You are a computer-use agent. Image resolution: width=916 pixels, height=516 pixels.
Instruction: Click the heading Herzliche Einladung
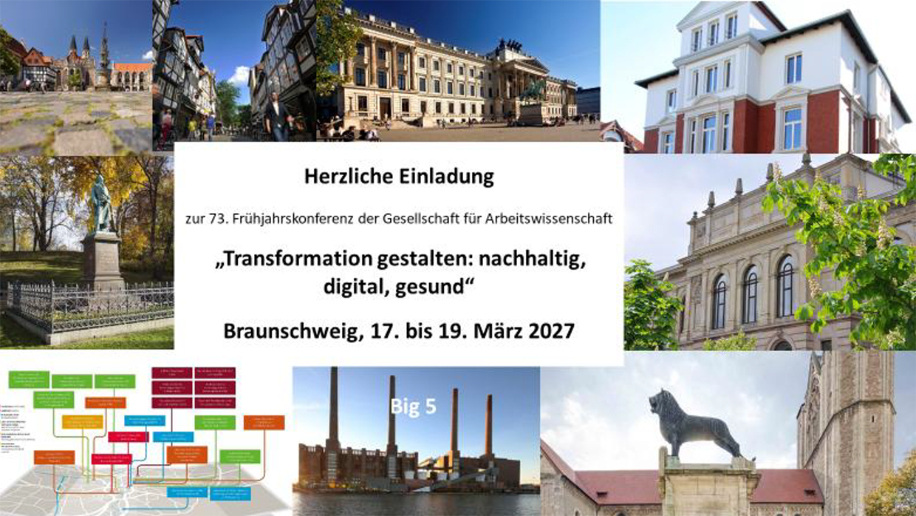[x=399, y=177]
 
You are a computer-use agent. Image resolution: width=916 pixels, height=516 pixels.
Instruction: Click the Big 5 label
[x=414, y=406]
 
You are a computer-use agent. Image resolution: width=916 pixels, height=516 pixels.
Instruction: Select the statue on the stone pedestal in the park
[x=102, y=207]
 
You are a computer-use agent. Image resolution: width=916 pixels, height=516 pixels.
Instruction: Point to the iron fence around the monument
[x=89, y=304]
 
